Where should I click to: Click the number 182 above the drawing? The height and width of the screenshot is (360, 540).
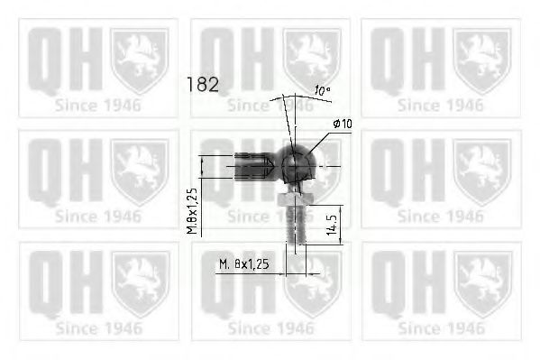pos(202,85)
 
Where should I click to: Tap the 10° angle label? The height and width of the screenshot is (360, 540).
pos(323,91)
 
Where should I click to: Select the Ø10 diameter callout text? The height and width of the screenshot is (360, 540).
pos(343,124)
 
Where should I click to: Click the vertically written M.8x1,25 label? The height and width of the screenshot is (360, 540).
pos(193,211)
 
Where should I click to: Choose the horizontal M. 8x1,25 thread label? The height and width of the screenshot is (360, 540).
pos(244,264)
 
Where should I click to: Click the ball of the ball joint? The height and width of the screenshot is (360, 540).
pos(297,164)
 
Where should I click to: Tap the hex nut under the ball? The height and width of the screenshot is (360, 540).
pos(295,199)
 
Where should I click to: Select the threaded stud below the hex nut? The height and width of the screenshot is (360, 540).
pos(296,224)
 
